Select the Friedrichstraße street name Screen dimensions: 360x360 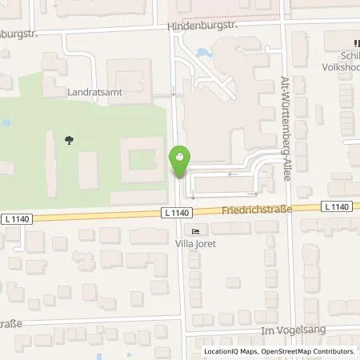coord(257,210)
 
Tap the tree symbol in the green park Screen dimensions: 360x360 coord(70,141)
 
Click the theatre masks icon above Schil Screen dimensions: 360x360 coord(352,46)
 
